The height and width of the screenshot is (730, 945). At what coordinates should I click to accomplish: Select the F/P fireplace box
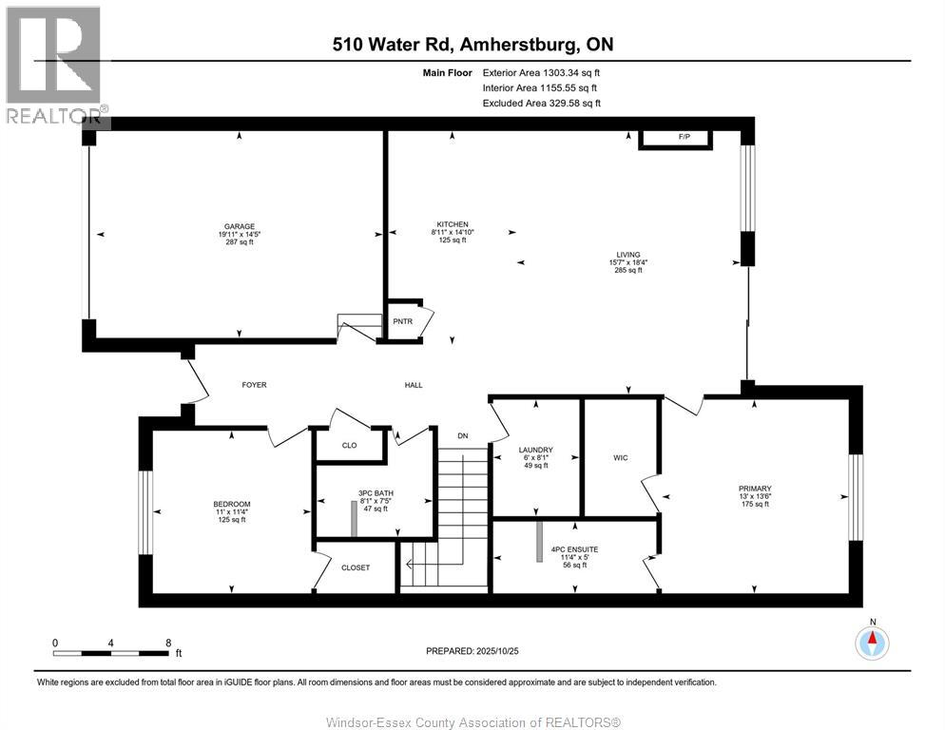pos(683,138)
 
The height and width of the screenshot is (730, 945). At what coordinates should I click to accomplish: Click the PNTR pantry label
pos(402,321)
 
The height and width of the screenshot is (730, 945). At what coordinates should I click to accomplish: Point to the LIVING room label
pos(627,255)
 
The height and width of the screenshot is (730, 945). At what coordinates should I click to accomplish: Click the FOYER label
pos(254,385)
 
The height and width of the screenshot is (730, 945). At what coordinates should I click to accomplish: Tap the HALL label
pos(414,385)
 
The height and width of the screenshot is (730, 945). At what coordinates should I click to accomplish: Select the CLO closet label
pos(349,445)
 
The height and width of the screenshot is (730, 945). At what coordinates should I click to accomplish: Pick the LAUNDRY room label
pos(535,451)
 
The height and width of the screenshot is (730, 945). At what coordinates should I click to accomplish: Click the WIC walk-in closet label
pos(622,458)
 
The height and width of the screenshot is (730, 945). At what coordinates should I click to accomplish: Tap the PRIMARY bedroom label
pos(755,489)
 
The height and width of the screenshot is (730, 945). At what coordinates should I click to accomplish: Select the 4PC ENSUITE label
pos(574,549)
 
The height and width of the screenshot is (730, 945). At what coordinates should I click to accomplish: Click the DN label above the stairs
pos(462,435)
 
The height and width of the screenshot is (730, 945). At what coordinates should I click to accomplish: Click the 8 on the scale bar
pos(168,643)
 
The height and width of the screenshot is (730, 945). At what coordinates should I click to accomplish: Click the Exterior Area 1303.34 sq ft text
pos(541,72)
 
